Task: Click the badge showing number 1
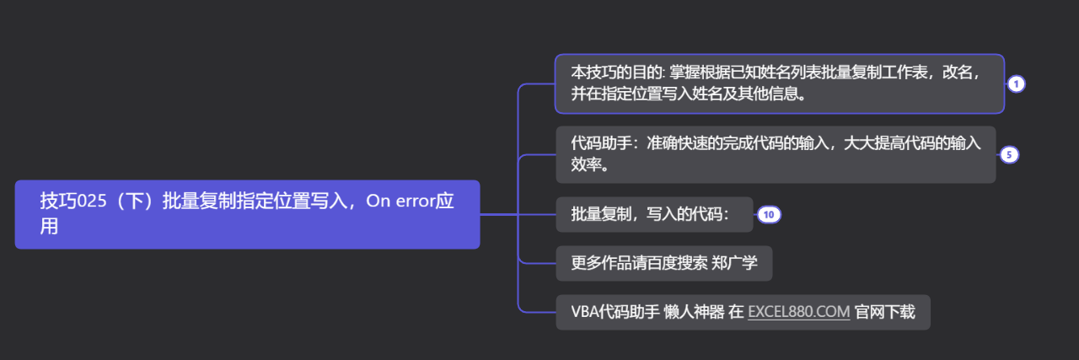point(1016,83)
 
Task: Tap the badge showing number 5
point(1008,154)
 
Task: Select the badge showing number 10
point(768,214)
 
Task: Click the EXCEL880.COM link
point(798,312)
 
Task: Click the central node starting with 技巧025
point(247,214)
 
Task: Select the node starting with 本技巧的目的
point(779,83)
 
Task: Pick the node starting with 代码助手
point(776,154)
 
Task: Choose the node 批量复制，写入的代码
point(654,214)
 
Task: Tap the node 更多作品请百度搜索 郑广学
point(663,263)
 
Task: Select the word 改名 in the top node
point(962,73)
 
